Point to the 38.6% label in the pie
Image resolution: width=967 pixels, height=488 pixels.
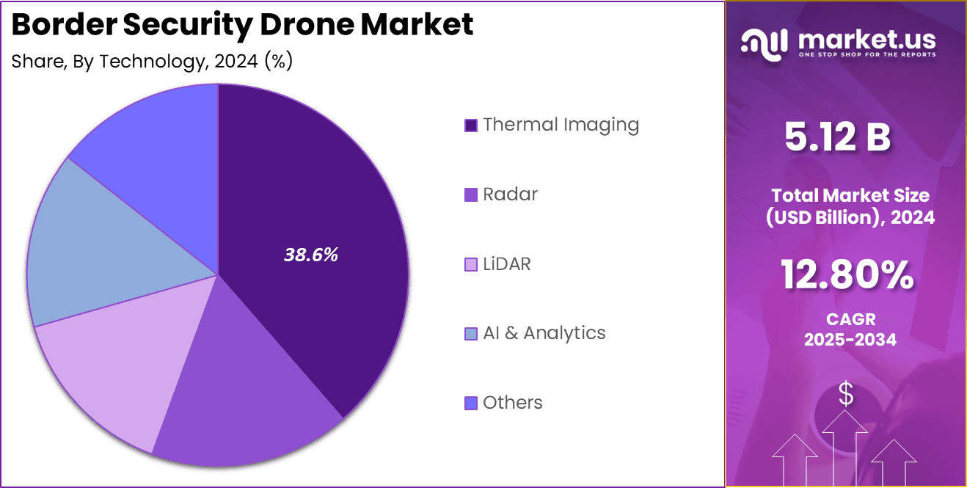[x=310, y=255]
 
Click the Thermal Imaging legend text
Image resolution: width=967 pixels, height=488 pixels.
[x=561, y=125]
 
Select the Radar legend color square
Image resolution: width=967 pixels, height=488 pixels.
[x=471, y=195]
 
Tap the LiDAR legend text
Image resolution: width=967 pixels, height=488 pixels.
[x=506, y=264]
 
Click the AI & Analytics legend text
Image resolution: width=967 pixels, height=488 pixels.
[x=544, y=333]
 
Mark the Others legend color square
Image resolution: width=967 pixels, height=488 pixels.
[x=471, y=403]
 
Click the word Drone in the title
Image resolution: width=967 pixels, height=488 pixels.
[x=310, y=25]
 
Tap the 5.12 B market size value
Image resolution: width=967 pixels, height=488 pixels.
[x=837, y=137]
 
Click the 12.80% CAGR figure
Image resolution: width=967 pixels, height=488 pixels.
[x=847, y=276]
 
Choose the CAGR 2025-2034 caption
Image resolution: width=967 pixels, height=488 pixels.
[x=850, y=329]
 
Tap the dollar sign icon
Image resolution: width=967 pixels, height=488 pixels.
[x=846, y=394]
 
